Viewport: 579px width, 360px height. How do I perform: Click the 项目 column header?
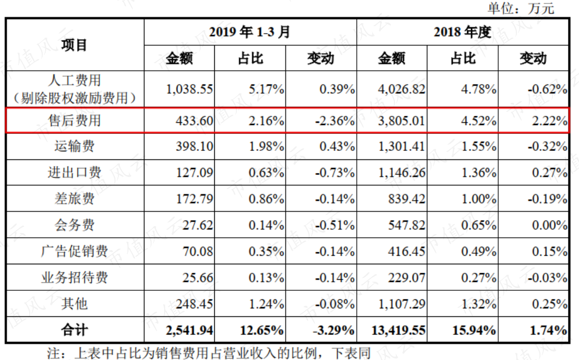[74, 45]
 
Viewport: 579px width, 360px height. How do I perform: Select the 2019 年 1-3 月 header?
[250, 32]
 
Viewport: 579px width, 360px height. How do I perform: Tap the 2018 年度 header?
[462, 32]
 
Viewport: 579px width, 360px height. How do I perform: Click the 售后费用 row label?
[74, 121]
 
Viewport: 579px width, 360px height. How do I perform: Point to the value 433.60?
[195, 121]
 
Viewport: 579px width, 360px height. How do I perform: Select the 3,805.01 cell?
[402, 121]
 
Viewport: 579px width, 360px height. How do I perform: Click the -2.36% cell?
[335, 121]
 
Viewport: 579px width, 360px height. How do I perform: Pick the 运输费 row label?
[74, 146]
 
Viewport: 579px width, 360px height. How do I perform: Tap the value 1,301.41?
[402, 146]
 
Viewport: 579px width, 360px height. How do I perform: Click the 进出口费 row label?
[74, 172]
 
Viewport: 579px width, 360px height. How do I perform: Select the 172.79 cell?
[195, 199]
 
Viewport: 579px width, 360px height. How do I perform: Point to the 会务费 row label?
[74, 225]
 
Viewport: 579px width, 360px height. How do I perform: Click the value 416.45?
[406, 251]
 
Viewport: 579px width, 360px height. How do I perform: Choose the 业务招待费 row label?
[74, 277]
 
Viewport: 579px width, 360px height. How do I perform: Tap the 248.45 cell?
[195, 304]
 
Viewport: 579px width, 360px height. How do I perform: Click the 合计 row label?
[74, 330]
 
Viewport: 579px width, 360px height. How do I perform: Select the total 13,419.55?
[398, 330]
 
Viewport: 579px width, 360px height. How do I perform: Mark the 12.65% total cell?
[262, 330]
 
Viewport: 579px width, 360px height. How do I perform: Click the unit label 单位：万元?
[521, 8]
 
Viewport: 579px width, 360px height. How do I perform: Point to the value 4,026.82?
[402, 89]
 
